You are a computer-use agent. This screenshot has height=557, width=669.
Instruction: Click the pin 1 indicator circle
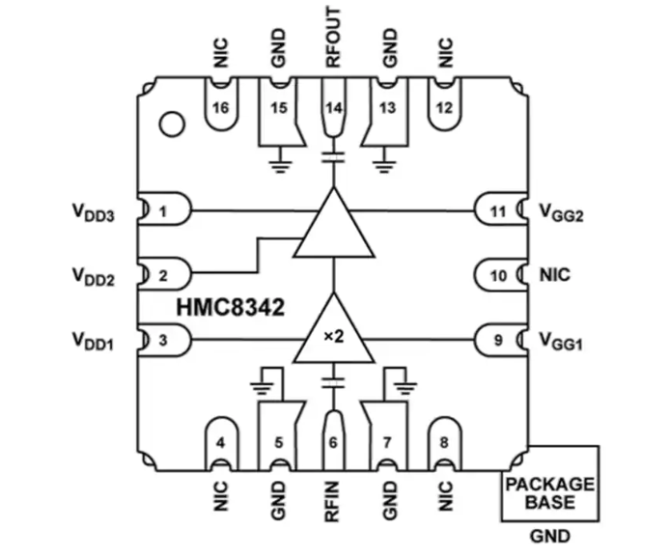172,125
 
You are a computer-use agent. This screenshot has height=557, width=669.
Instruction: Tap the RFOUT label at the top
333,38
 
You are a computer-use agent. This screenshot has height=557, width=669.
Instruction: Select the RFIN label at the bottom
332,501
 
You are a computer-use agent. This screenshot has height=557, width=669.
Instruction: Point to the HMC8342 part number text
231,307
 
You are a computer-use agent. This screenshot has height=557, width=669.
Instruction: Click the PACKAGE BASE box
550,484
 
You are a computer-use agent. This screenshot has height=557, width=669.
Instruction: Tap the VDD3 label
93,212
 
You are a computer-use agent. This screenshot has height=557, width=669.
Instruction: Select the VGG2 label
561,212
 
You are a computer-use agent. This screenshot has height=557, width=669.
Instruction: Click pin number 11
498,211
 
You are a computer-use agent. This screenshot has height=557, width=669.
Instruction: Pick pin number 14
334,107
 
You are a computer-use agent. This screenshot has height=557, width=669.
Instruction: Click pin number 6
333,443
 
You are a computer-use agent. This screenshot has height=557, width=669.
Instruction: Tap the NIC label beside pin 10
555,275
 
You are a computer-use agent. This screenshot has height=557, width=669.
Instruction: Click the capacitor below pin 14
334,157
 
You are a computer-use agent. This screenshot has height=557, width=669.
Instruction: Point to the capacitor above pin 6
334,382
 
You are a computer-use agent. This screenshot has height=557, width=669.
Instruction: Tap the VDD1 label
93,342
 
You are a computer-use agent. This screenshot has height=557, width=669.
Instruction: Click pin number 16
220,107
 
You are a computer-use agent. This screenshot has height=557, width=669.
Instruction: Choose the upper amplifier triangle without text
334,223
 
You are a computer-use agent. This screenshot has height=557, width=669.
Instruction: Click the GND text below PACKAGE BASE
550,536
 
